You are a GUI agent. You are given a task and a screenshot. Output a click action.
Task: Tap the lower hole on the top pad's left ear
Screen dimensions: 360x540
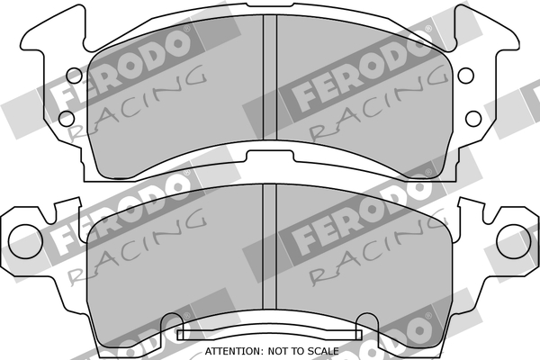65,117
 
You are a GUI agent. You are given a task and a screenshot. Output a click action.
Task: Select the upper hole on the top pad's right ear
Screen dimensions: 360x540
468,76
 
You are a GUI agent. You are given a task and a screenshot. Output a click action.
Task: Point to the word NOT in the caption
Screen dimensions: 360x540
283,350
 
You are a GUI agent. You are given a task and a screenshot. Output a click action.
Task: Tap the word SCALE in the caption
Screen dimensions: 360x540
326,350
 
